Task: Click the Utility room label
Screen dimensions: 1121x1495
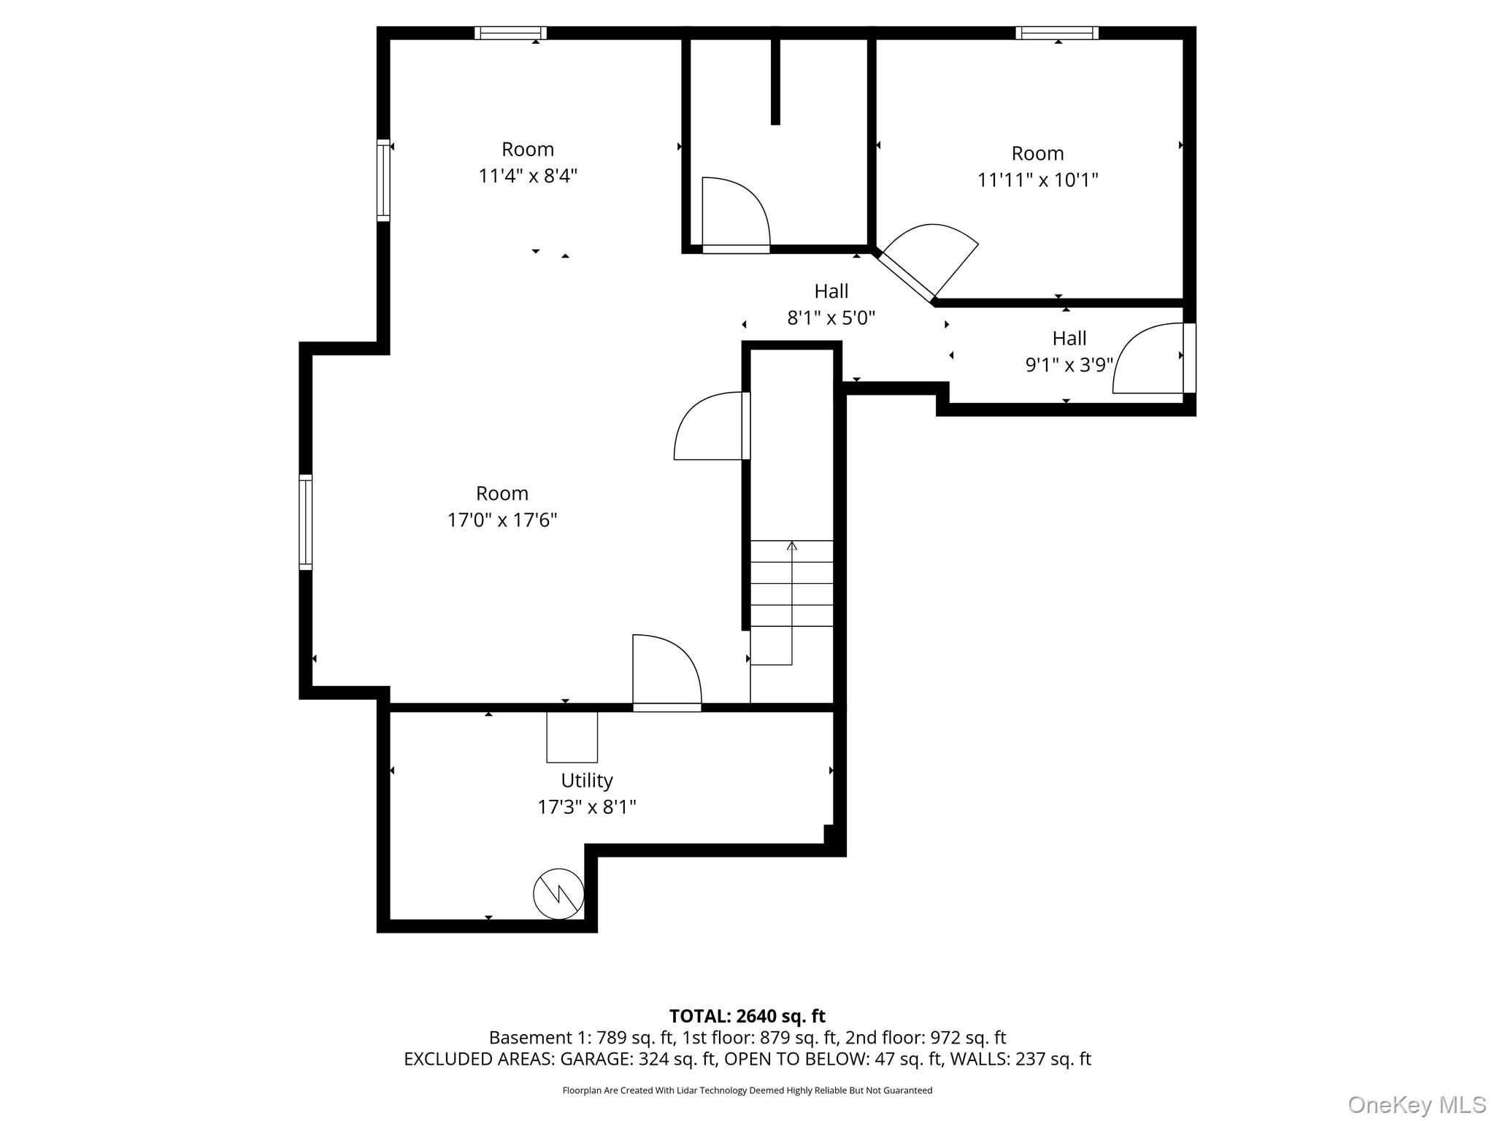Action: pyautogui.click(x=586, y=780)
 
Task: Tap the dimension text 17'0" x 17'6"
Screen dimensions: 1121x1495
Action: pyautogui.click(x=502, y=520)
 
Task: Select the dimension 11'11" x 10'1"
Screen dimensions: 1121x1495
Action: pyautogui.click(x=1037, y=180)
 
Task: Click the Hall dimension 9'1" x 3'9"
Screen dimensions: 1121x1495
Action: pyautogui.click(x=1069, y=364)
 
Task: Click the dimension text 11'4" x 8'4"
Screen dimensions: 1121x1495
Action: pyautogui.click(x=528, y=176)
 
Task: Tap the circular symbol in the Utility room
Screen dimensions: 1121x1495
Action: pyautogui.click(x=558, y=893)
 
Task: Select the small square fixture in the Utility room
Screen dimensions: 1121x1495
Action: pyautogui.click(x=572, y=737)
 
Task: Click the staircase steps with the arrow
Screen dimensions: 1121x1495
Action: pyautogui.click(x=791, y=584)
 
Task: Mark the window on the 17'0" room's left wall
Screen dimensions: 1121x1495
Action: pyautogui.click(x=306, y=522)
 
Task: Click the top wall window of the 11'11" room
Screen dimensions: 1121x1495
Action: pyautogui.click(x=1056, y=33)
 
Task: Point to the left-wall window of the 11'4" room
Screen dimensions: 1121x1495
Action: pyautogui.click(x=383, y=180)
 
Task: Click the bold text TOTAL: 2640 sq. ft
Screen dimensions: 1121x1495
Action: pyautogui.click(x=747, y=1016)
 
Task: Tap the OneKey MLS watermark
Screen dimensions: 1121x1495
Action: pyautogui.click(x=1416, y=1104)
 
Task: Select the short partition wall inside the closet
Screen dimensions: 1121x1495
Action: pyautogui.click(x=775, y=80)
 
